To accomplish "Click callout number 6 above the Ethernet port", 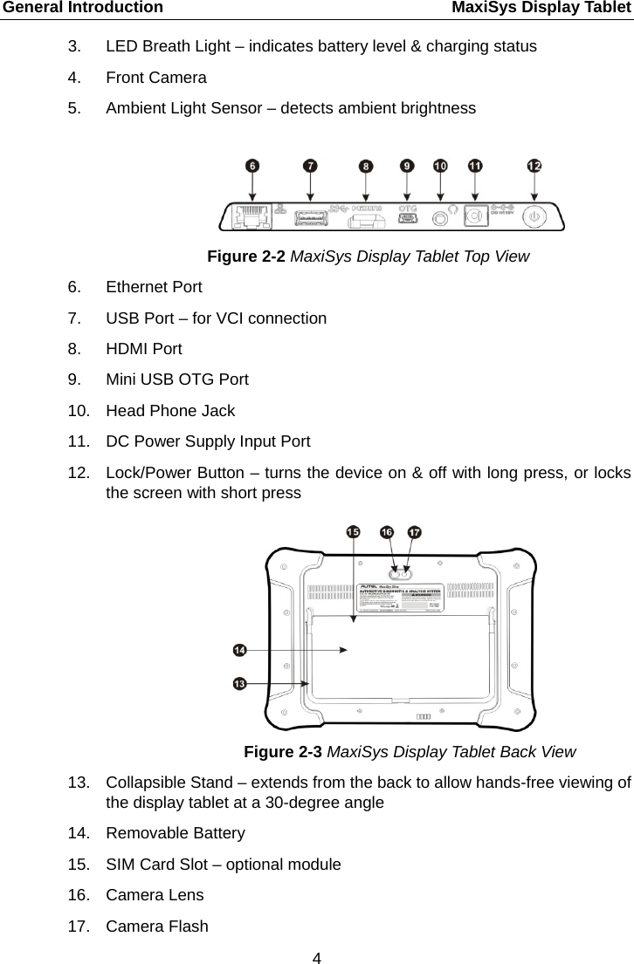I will click(252, 164).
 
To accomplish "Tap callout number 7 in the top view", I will click(310, 164).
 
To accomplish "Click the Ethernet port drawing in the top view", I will click(252, 215).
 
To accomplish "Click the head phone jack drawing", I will click(441, 215).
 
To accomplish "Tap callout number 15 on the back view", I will click(354, 531).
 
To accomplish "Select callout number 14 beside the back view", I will click(239, 650).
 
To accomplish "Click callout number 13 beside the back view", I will click(239, 684).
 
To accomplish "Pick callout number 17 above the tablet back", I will click(415, 531).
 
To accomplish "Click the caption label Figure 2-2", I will click(246, 256).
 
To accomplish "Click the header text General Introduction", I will click(81, 8).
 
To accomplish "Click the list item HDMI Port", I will click(144, 349).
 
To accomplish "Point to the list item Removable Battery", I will click(176, 833).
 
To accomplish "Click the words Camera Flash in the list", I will click(157, 926).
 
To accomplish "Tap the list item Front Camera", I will click(156, 78).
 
